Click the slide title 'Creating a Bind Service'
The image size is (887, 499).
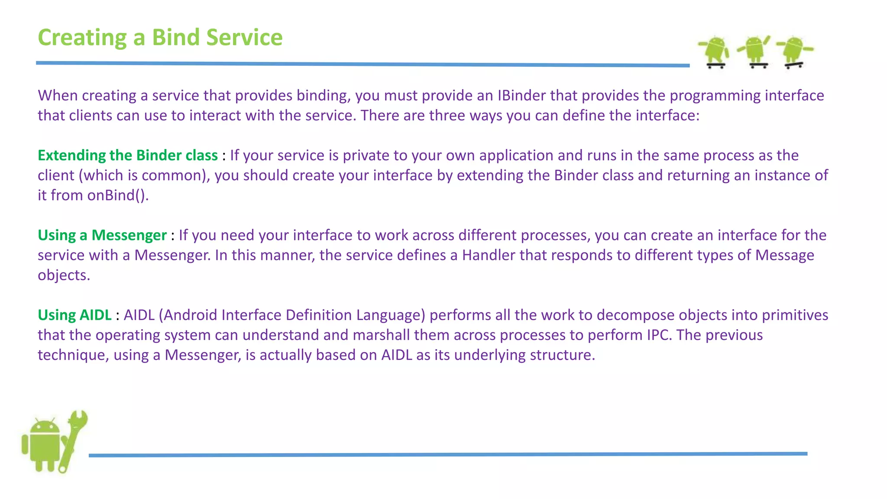coord(160,37)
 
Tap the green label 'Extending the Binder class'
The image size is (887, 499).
coord(127,155)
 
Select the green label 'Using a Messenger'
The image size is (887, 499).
coord(102,235)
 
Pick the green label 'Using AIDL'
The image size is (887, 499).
coord(74,315)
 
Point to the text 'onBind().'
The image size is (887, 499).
coord(118,195)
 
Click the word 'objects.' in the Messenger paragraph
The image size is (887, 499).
coord(64,275)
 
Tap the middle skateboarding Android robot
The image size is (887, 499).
coord(755,51)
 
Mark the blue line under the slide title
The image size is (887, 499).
coord(363,64)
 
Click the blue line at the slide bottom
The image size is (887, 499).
coord(448,454)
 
